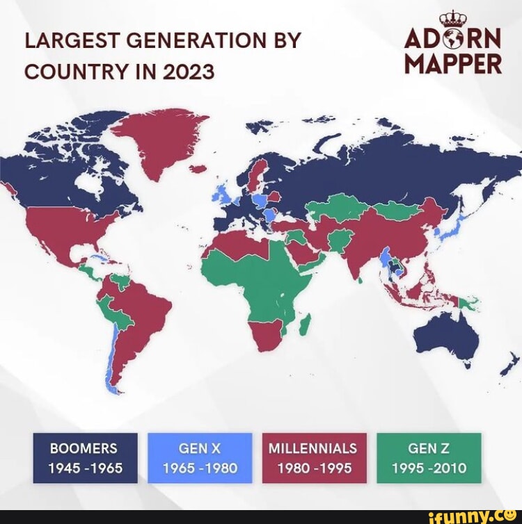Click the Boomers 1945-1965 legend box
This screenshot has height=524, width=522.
[83, 457]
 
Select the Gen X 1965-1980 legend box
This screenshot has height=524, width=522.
[199, 457]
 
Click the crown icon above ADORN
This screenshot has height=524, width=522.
[452, 18]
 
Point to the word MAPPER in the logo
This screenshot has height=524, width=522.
[452, 65]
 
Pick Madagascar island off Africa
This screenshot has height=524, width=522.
[304, 325]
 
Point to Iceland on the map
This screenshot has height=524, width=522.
[199, 168]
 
